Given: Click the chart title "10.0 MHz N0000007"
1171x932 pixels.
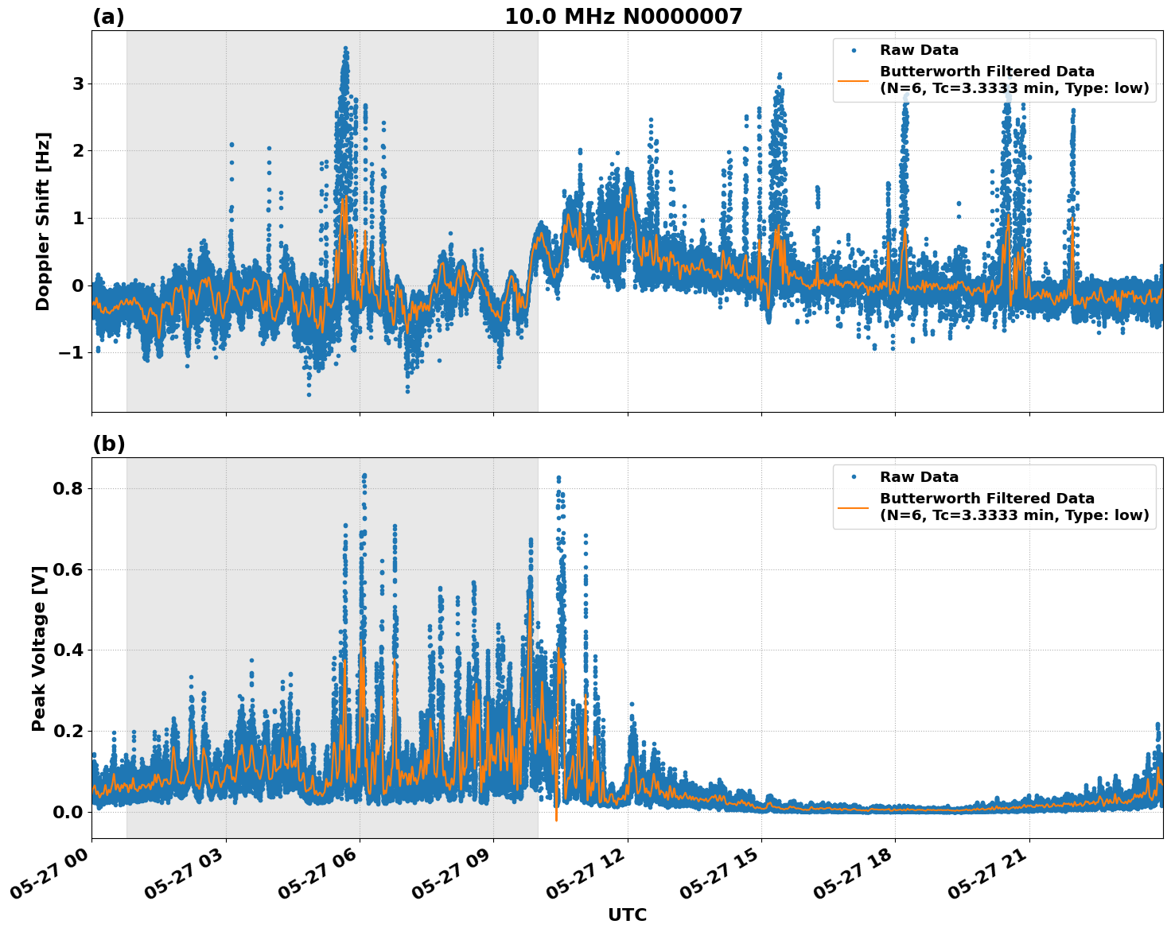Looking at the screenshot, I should (x=623, y=17).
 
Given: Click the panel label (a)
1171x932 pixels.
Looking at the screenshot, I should (x=108, y=17).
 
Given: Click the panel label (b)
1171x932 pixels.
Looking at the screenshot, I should (x=108, y=444).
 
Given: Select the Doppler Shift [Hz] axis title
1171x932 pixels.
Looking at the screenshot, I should (x=43, y=221).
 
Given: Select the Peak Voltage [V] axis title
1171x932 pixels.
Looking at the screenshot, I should (x=39, y=648).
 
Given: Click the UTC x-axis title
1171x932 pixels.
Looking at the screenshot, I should (x=627, y=915).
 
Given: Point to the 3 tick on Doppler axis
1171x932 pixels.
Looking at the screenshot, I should (x=78, y=83).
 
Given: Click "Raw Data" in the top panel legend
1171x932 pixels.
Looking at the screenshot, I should (x=919, y=50).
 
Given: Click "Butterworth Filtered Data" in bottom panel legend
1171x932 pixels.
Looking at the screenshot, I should (x=986, y=499).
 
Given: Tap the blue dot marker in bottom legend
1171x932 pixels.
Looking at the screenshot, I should (x=854, y=477).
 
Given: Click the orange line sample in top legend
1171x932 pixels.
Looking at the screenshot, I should (x=854, y=80).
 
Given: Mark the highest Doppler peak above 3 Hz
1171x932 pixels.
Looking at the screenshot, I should (x=345, y=49).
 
